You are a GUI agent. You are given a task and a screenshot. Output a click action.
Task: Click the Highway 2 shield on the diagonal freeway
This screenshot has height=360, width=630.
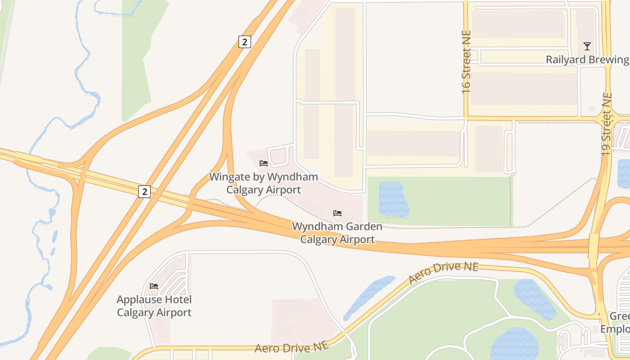[x=244, y=42]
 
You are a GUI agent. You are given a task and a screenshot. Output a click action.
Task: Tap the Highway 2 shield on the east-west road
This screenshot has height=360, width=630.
[x=144, y=192]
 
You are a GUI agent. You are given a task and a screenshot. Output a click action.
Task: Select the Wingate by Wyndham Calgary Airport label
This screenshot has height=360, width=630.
[x=263, y=183]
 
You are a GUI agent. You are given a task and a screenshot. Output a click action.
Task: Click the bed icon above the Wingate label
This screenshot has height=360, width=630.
[x=264, y=163]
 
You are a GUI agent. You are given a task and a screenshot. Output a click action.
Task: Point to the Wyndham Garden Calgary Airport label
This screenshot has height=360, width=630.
[x=337, y=233]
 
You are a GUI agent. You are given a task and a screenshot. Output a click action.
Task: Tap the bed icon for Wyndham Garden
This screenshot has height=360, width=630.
[x=337, y=213]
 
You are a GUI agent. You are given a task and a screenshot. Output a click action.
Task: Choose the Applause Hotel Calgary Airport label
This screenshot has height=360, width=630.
[x=154, y=306]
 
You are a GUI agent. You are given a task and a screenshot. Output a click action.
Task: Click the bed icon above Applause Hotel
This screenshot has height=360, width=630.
[x=154, y=286]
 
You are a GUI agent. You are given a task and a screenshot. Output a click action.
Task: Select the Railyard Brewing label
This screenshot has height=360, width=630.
[x=587, y=59]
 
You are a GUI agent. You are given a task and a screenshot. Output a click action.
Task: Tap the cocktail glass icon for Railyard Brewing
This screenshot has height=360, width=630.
[x=587, y=46]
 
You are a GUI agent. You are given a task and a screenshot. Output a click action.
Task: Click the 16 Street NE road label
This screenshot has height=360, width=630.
[x=466, y=62]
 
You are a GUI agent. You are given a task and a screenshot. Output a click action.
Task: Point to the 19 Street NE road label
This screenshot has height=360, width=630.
[x=607, y=124]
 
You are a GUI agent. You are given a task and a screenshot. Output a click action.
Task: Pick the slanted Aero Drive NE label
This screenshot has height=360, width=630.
[x=443, y=273]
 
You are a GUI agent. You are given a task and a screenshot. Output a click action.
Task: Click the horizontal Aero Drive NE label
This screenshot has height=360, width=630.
[x=291, y=348]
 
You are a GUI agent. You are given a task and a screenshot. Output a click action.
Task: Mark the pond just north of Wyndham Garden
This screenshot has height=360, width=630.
[x=393, y=200]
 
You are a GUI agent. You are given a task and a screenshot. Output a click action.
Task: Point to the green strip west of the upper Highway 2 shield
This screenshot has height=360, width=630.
[x=139, y=58]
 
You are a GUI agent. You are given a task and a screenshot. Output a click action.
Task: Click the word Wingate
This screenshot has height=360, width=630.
[x=228, y=177]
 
